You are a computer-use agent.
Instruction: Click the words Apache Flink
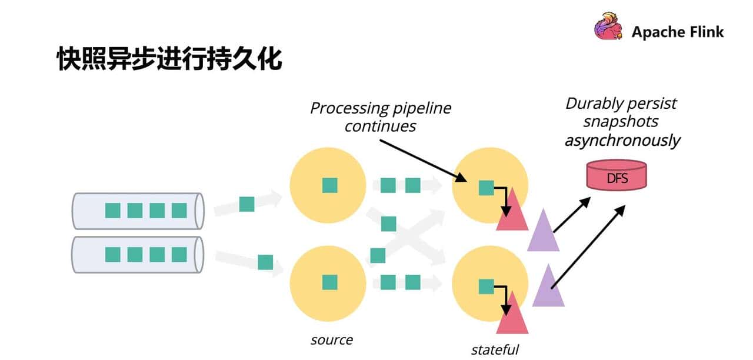point(678,32)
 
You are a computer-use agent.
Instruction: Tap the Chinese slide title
point(169,60)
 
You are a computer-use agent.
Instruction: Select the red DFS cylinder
point(617,175)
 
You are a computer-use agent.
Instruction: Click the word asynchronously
point(622,141)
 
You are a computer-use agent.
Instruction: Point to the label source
point(332,340)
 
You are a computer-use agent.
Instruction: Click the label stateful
point(495,349)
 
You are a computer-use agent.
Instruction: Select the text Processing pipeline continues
point(381,116)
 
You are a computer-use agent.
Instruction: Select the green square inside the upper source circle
point(329,185)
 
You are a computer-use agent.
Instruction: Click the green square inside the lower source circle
point(329,282)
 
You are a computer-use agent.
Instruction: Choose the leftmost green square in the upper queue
point(112,210)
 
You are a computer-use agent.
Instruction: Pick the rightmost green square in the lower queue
point(179,255)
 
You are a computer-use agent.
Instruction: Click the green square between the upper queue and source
point(246,204)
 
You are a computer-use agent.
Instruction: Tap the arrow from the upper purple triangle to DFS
point(571,215)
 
